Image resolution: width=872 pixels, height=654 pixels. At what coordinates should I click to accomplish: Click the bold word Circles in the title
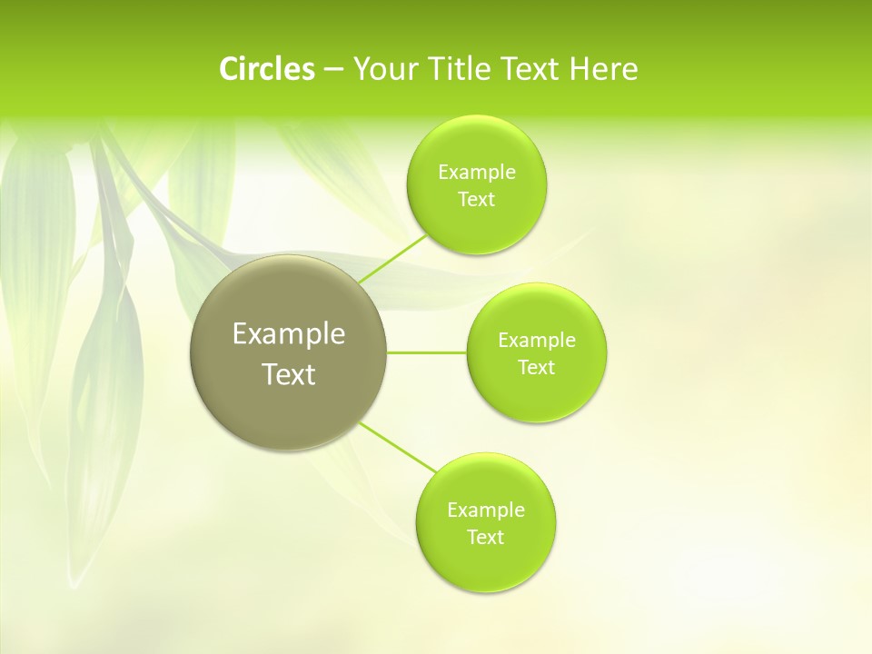(267, 69)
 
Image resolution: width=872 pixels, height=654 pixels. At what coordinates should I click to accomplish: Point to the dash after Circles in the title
(333, 70)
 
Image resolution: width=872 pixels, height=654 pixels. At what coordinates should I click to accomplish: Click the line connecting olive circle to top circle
(392, 259)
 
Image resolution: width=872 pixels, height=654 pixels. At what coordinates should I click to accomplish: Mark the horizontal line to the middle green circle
(427, 352)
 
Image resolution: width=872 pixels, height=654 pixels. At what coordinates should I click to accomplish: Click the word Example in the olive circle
(289, 334)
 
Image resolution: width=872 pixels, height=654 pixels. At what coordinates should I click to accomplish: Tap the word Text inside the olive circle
(289, 374)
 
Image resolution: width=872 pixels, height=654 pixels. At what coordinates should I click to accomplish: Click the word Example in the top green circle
(477, 173)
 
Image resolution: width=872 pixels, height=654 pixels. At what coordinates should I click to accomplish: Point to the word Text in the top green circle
(476, 200)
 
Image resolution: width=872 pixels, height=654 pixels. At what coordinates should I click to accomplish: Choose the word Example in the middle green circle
(537, 341)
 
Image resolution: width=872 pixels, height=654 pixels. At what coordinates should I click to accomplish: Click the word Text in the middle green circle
(536, 368)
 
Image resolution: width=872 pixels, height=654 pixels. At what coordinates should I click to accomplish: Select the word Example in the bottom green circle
(486, 510)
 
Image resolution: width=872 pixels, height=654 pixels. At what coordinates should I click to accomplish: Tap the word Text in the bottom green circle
(485, 538)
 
